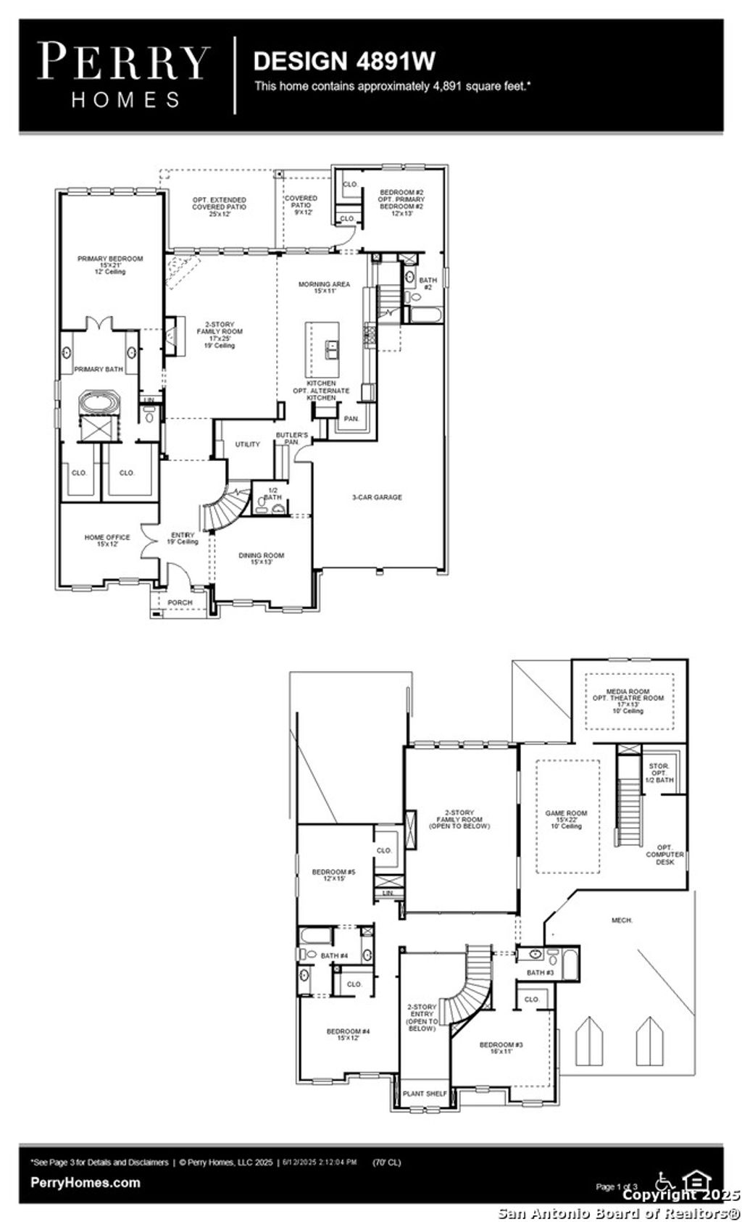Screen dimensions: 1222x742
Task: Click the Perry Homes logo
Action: (x=125, y=75)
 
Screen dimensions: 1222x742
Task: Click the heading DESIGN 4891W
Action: (x=344, y=61)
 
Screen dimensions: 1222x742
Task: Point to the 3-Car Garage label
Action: (x=377, y=497)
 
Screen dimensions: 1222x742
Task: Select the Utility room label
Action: (x=247, y=444)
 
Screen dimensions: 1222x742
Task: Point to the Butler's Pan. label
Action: (x=292, y=438)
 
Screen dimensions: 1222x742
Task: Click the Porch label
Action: (x=180, y=602)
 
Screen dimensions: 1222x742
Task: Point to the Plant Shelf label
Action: (x=425, y=1094)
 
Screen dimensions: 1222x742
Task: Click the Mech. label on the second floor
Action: (x=622, y=920)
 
